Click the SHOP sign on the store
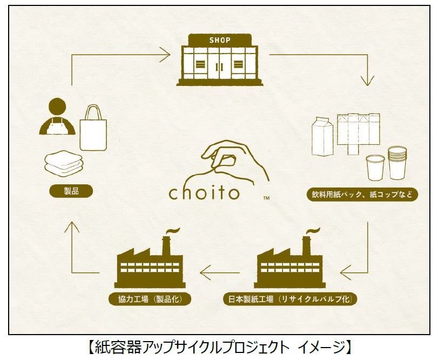pyautogui.click(x=219, y=40)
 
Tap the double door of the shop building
pyautogui.click(x=219, y=66)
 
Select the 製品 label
pyautogui.click(x=71, y=191)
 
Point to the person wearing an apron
pyautogui.click(x=56, y=118)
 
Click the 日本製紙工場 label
pyautogui.click(x=290, y=298)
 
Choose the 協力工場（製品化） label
pyautogui.click(x=151, y=298)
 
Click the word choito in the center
pyautogui.click(x=204, y=193)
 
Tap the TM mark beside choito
pyautogui.click(x=266, y=199)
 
